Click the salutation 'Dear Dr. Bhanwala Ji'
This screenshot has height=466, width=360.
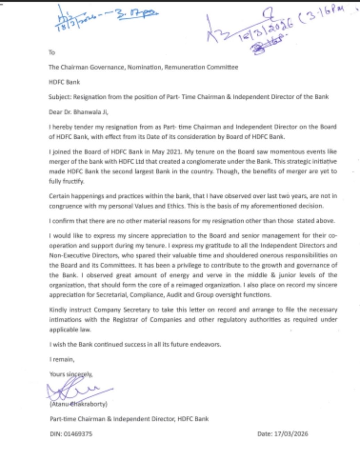coord(79,112)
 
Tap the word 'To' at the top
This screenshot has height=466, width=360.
coord(52,52)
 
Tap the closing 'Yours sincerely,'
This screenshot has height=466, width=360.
coord(71,374)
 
